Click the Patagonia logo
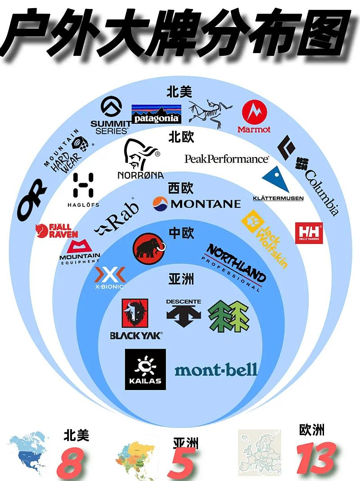point(156,114)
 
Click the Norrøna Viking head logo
point(139,155)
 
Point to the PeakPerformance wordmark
point(227,159)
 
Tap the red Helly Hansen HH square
point(309,233)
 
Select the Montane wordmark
point(197,204)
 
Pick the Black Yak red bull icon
point(135,313)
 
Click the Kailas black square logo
point(145,369)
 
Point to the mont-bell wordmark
point(216,370)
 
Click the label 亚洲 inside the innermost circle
point(181,279)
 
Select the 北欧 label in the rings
point(181,137)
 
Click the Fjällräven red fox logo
point(57,230)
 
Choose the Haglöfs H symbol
point(83,185)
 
